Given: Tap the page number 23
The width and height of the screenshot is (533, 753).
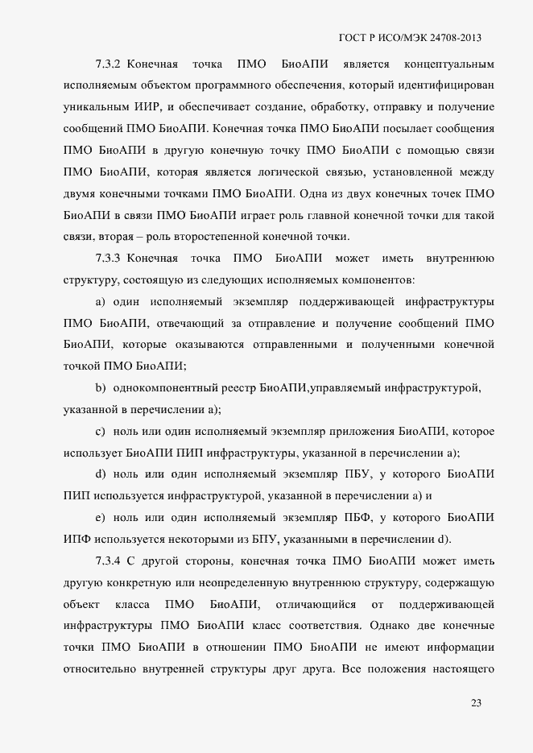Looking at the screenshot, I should [476, 703].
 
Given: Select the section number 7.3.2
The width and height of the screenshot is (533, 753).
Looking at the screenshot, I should [107, 64].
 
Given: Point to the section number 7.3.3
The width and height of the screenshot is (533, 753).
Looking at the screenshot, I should [107, 259].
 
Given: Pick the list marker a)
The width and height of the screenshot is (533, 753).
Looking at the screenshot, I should [101, 301].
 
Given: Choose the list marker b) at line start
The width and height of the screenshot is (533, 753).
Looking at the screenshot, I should [101, 388].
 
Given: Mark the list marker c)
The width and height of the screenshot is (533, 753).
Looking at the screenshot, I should [101, 432].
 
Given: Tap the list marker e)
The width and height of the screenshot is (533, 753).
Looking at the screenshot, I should [101, 518].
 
